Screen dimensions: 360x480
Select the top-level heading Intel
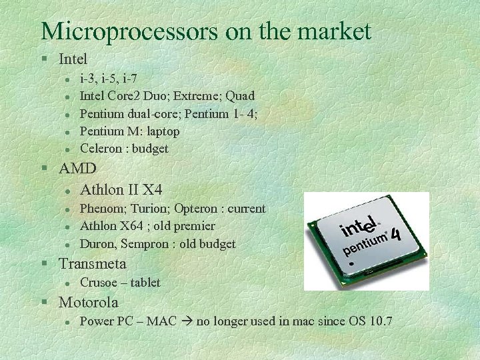[73, 59]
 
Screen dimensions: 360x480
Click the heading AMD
[77, 168]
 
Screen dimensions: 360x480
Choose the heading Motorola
[89, 302]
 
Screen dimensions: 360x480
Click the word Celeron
[101, 149]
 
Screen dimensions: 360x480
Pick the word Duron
[97, 244]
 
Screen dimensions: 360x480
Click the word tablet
[145, 283]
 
